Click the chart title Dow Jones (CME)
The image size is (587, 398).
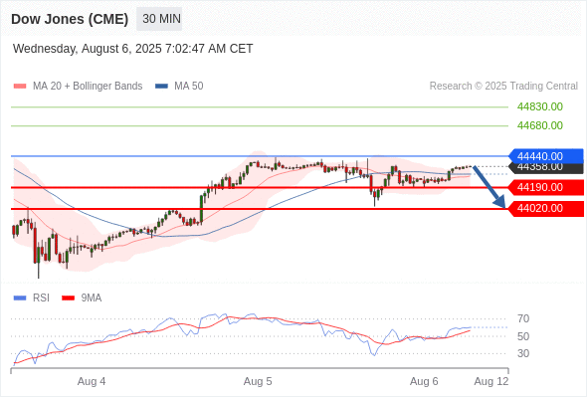pyautogui.click(x=70, y=19)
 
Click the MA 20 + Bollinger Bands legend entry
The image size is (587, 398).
pyautogui.click(x=78, y=87)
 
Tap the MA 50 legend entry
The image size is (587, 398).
pyautogui.click(x=179, y=87)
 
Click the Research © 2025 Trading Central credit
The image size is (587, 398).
pyautogui.click(x=503, y=87)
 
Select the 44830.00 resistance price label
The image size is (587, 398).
pyautogui.click(x=540, y=106)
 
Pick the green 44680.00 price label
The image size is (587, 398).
pyautogui.click(x=540, y=125)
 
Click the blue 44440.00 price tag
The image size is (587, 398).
pyautogui.click(x=546, y=156)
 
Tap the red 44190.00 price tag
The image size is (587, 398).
pyautogui.click(x=546, y=187)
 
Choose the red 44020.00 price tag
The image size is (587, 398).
pyautogui.click(x=546, y=209)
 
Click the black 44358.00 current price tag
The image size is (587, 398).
pyautogui.click(x=546, y=168)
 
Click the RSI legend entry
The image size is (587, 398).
pyautogui.click(x=32, y=298)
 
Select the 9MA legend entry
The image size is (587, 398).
pyautogui.click(x=82, y=298)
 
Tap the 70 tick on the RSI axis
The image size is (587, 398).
pyautogui.click(x=523, y=319)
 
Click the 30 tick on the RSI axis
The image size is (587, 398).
pyautogui.click(x=523, y=353)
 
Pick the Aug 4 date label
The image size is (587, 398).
pyautogui.click(x=92, y=381)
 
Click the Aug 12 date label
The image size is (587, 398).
pyautogui.click(x=491, y=381)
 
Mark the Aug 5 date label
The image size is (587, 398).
pyautogui.click(x=258, y=381)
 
